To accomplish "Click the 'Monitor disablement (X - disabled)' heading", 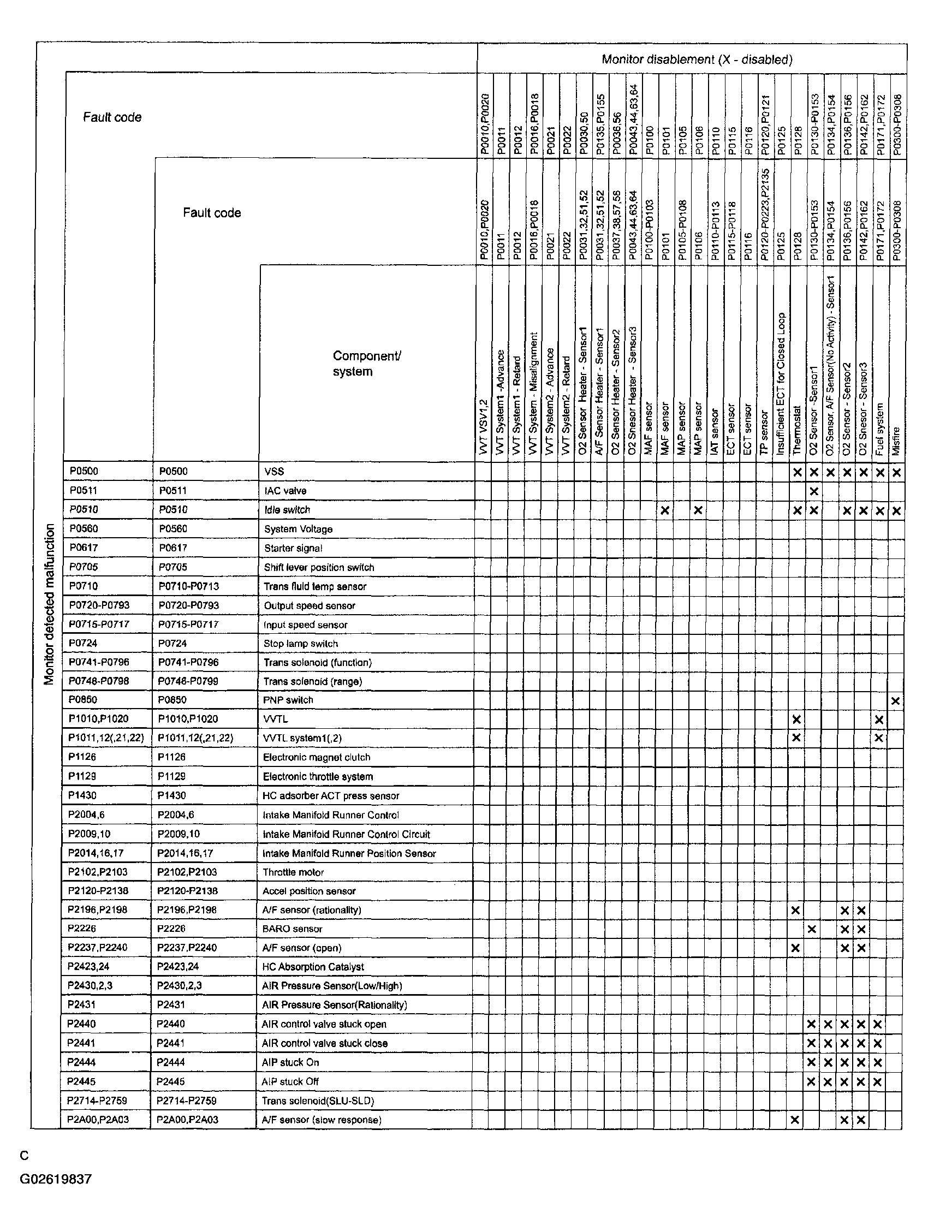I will pyautogui.click(x=697, y=60).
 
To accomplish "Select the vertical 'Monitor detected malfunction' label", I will pyautogui.click(x=50, y=604).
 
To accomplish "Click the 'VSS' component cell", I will pyautogui.click(x=274, y=471).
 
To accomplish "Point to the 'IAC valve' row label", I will pyautogui.click(x=285, y=491).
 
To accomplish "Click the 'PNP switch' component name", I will pyautogui.click(x=288, y=700).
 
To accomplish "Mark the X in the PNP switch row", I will pyautogui.click(x=895, y=701).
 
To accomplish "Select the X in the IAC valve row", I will pyautogui.click(x=813, y=491).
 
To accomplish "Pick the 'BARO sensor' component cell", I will pyautogui.click(x=293, y=929).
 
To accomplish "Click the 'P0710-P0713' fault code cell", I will pyautogui.click(x=189, y=586).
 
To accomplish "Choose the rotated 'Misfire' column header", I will pyautogui.click(x=896, y=441).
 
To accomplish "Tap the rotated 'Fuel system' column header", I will pyautogui.click(x=879, y=429).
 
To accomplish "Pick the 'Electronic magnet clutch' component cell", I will pyautogui.click(x=316, y=757).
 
